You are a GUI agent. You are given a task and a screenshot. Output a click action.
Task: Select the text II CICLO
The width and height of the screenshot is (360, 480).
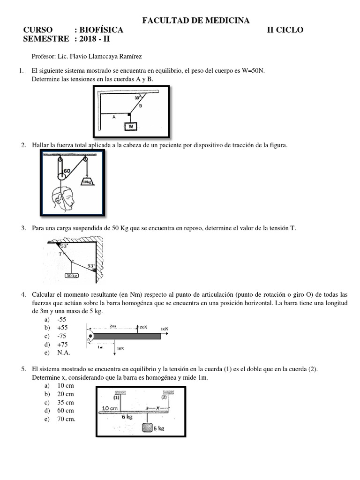[x=285, y=30]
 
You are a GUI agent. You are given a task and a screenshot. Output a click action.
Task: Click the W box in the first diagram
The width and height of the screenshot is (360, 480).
[x=131, y=126]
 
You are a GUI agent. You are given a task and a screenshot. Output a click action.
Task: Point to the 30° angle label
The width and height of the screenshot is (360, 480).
[x=137, y=98]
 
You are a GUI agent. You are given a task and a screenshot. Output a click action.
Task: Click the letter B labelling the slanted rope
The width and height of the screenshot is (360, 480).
[x=140, y=106]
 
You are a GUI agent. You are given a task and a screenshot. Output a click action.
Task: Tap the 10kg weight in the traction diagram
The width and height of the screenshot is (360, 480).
[x=87, y=181]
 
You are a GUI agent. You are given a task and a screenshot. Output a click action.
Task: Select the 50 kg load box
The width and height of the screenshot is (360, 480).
[x=72, y=276]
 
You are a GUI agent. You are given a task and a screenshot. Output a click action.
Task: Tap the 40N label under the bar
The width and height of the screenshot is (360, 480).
[x=120, y=349]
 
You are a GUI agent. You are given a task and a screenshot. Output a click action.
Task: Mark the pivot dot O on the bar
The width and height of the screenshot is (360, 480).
[x=90, y=337]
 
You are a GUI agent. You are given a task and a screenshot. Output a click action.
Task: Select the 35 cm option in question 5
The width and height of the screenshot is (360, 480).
[x=66, y=402]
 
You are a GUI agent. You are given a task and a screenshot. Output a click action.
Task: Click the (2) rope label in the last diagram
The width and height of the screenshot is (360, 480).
[x=164, y=397]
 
